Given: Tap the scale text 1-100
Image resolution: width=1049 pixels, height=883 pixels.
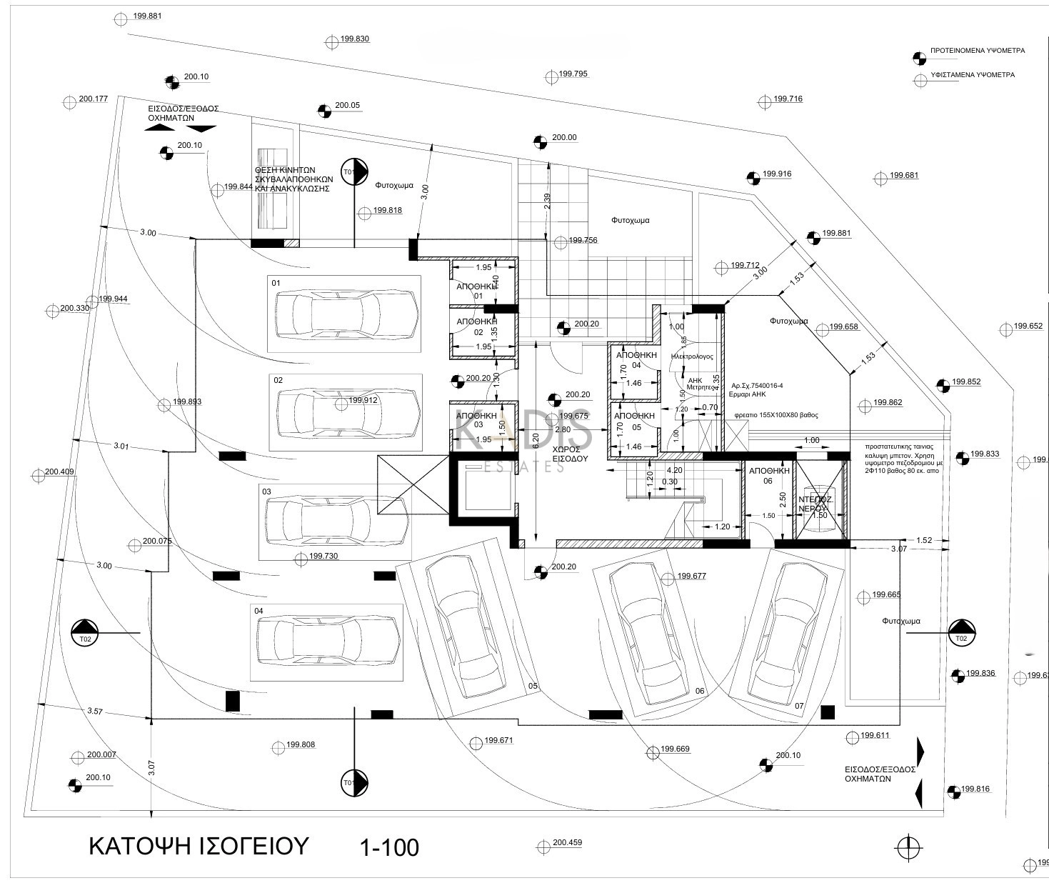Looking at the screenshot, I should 389,847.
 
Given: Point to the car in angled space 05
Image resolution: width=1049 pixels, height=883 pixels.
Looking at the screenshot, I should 466,627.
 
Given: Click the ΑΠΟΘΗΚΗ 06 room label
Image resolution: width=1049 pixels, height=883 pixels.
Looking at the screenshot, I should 768,476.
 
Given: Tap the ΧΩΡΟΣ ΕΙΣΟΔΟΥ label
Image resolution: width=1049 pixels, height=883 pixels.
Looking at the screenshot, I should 570,454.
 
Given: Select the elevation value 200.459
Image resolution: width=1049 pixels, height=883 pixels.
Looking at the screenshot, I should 567,842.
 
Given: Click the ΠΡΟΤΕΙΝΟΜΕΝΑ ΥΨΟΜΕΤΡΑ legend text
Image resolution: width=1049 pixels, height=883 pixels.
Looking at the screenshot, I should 978,51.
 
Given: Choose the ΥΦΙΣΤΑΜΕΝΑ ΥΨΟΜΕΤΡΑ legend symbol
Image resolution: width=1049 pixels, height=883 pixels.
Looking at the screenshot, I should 920,81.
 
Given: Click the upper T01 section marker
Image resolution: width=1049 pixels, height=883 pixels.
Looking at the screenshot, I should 353,172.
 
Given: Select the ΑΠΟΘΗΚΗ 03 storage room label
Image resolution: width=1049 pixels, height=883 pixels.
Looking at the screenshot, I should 476,419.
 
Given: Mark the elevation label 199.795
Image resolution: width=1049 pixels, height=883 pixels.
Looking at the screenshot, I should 573,74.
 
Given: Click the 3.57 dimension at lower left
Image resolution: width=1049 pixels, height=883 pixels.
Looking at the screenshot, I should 95,711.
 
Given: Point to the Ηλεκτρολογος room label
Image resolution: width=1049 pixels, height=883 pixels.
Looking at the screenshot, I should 692,356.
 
